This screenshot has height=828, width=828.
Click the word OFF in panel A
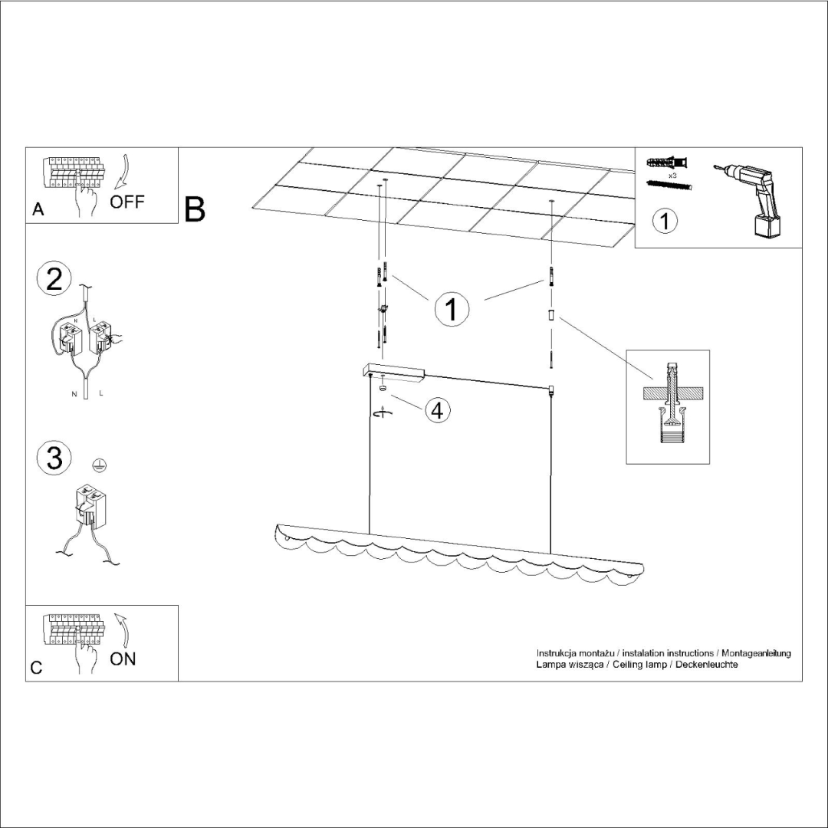click(x=127, y=202)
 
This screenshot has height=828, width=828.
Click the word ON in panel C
click(x=123, y=659)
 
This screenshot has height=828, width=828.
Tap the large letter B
click(x=195, y=209)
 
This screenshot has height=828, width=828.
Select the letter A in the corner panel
click(x=38, y=210)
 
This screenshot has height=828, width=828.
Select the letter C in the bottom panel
click(x=36, y=668)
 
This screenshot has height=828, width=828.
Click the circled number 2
click(x=54, y=278)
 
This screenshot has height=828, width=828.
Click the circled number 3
click(x=54, y=458)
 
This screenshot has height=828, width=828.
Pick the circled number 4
click(x=436, y=410)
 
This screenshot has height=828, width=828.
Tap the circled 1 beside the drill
click(x=664, y=221)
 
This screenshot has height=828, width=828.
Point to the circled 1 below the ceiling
click(x=452, y=309)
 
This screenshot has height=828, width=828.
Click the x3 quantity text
click(x=672, y=176)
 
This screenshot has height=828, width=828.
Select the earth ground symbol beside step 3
click(x=97, y=464)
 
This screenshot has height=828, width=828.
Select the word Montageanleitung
click(x=756, y=653)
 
